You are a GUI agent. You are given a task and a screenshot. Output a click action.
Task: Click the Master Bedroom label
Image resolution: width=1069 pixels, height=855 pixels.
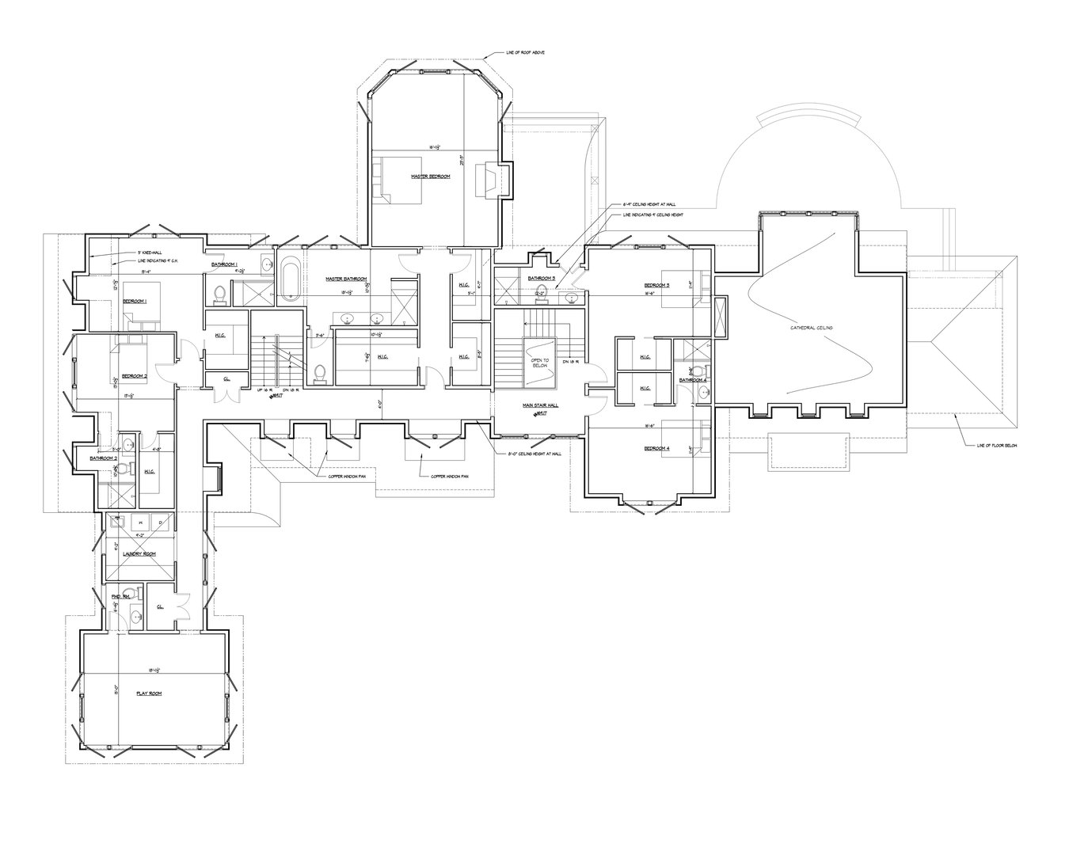(x=430, y=177)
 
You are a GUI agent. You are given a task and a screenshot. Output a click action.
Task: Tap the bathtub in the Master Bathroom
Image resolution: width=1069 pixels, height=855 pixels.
(x=289, y=279)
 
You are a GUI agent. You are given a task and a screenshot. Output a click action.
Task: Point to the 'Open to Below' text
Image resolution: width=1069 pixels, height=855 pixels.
(x=540, y=363)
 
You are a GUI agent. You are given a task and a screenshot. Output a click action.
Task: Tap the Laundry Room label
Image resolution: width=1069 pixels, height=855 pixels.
(x=138, y=554)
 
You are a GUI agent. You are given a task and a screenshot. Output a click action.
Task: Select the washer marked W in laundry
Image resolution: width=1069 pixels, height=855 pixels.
(x=143, y=522)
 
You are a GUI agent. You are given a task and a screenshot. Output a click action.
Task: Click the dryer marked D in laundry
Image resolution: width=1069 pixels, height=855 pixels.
(x=159, y=522)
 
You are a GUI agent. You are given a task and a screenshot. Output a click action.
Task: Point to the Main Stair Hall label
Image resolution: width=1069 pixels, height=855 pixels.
(x=540, y=405)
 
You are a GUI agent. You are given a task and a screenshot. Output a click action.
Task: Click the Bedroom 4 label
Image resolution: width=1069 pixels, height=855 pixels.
(x=656, y=449)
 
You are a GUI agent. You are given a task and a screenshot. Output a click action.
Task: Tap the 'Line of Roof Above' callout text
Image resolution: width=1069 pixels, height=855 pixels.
(x=525, y=53)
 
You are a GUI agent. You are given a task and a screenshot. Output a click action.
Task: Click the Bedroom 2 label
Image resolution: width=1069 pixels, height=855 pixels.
(x=135, y=375)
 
